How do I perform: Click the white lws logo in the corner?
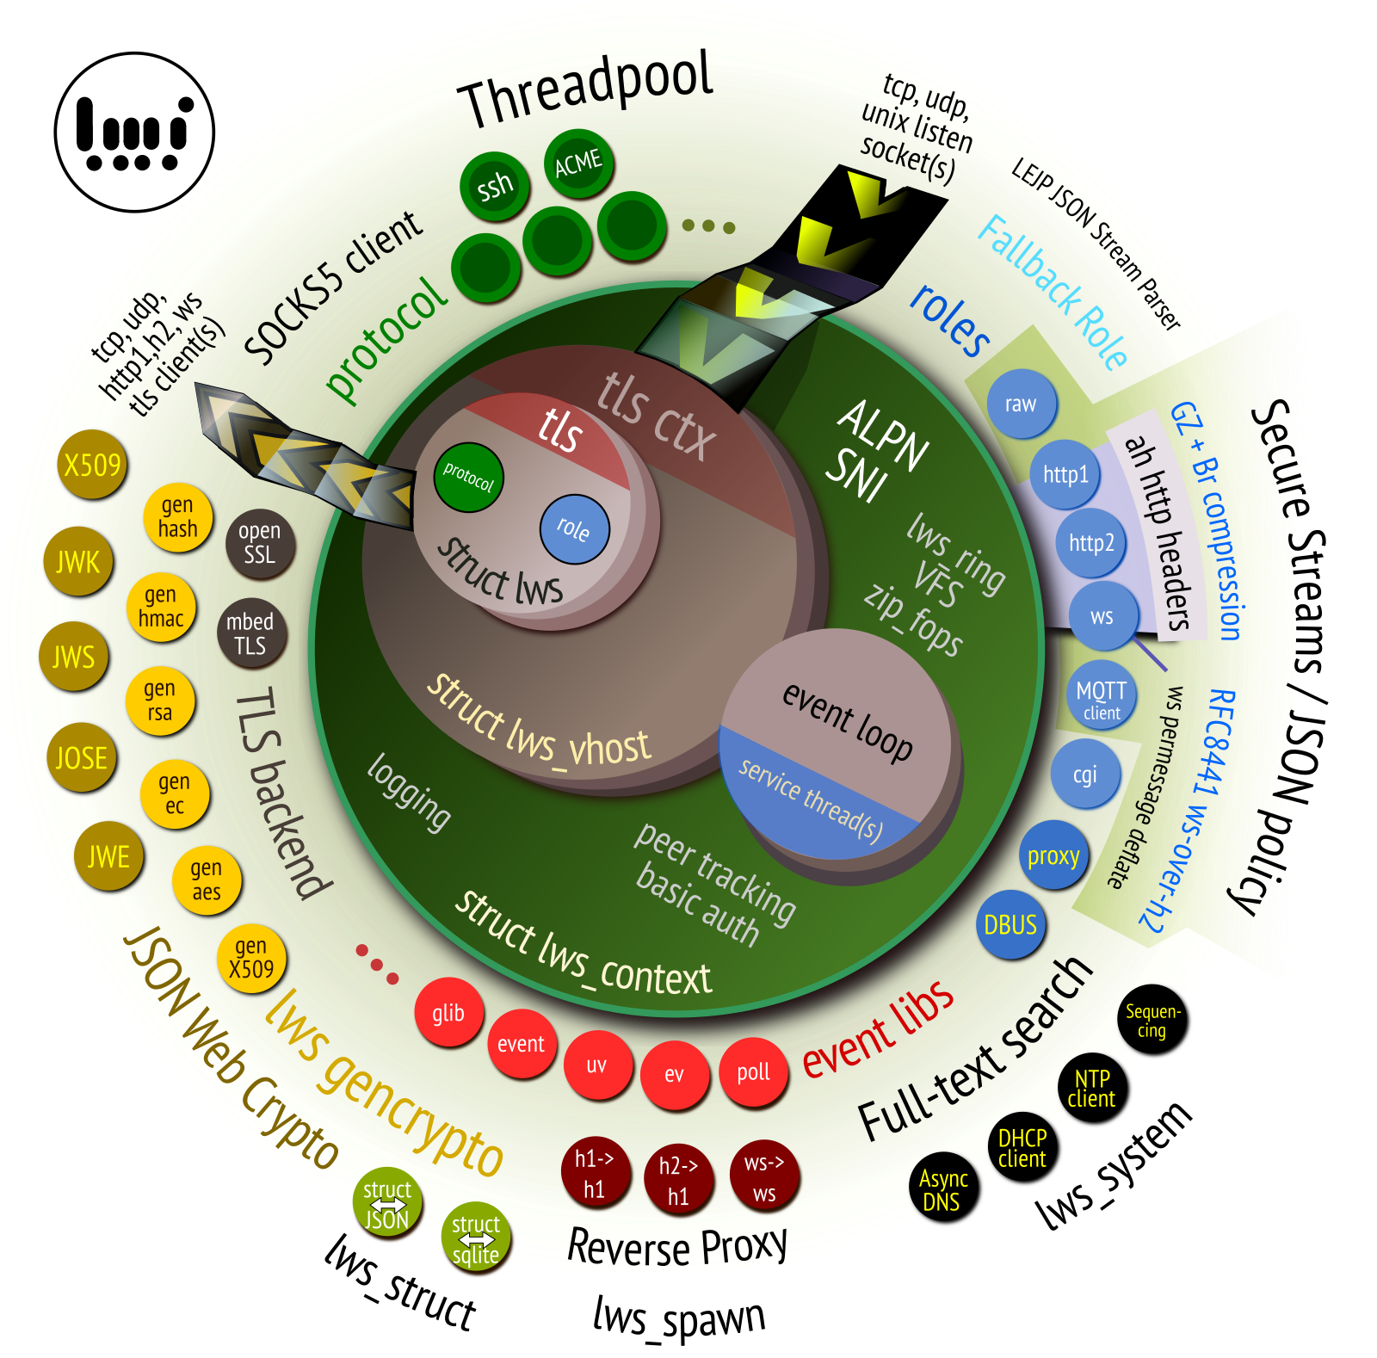tap(134, 133)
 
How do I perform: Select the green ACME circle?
tap(578, 163)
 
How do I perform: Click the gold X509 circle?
tap(92, 465)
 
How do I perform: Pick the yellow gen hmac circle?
tap(161, 607)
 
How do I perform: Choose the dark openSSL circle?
tap(260, 543)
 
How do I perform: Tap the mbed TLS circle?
tap(250, 633)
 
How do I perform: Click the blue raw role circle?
tap(1021, 404)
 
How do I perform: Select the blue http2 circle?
tap(1091, 543)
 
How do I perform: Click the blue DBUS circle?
tap(1010, 925)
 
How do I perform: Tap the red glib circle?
tap(448, 1013)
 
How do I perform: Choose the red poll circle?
tap(753, 1072)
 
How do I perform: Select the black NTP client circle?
tap(1091, 1089)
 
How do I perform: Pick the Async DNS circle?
tap(943, 1189)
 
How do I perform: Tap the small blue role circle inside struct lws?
tap(574, 528)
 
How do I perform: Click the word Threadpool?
tap(587, 88)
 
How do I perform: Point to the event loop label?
tap(848, 721)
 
